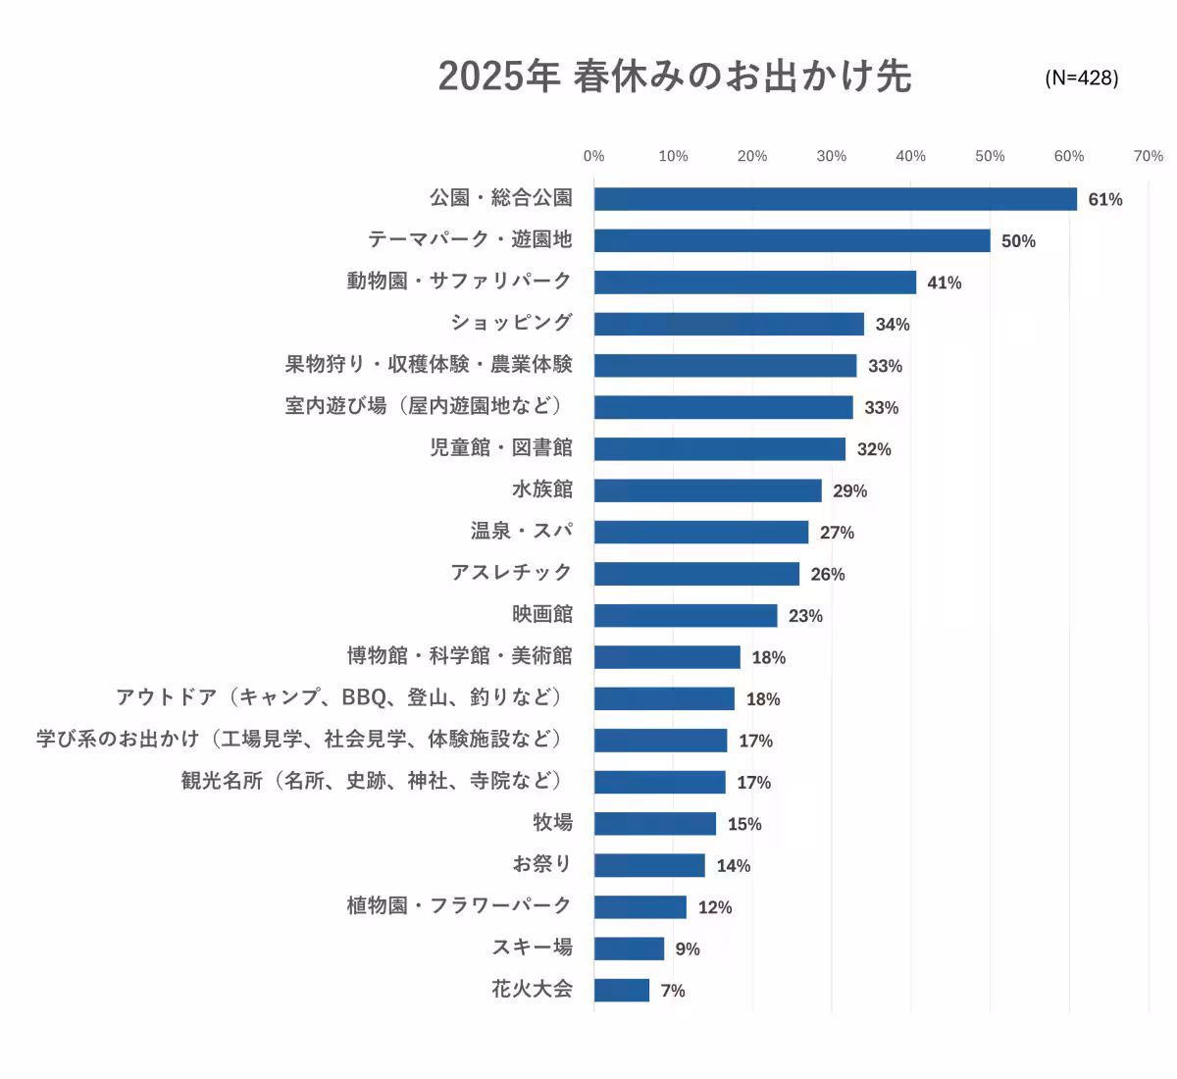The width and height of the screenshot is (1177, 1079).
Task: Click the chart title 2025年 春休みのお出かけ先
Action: click(x=675, y=77)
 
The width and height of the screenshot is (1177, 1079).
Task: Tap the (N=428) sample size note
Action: click(x=1081, y=77)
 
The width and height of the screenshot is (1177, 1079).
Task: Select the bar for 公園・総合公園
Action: click(x=835, y=199)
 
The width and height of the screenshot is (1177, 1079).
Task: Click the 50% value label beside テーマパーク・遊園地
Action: click(x=1018, y=241)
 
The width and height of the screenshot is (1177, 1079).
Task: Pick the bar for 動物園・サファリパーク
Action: click(x=754, y=283)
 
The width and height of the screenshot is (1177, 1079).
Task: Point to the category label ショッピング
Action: click(x=511, y=323)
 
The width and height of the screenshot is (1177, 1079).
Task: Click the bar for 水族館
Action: click(x=707, y=490)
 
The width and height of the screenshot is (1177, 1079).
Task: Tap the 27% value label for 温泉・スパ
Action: click(x=837, y=533)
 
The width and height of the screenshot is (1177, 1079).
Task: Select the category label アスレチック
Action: click(x=511, y=573)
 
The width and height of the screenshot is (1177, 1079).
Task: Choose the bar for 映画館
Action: click(x=685, y=616)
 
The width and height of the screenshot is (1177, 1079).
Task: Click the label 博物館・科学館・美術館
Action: click(x=459, y=656)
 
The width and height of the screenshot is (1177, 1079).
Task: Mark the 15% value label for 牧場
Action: click(x=744, y=824)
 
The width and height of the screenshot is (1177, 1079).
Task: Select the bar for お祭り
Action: click(x=648, y=865)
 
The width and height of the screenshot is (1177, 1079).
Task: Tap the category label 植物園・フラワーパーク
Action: click(x=459, y=906)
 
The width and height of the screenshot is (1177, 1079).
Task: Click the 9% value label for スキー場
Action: click(x=688, y=949)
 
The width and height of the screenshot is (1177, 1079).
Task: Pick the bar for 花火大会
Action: click(x=621, y=990)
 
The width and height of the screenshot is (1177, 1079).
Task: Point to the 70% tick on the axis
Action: click(x=1148, y=156)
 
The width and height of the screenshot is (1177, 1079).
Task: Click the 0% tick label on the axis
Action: click(x=593, y=156)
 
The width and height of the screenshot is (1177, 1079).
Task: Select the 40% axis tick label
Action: click(x=910, y=156)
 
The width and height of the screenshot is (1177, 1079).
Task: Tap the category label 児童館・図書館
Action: click(x=501, y=448)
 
